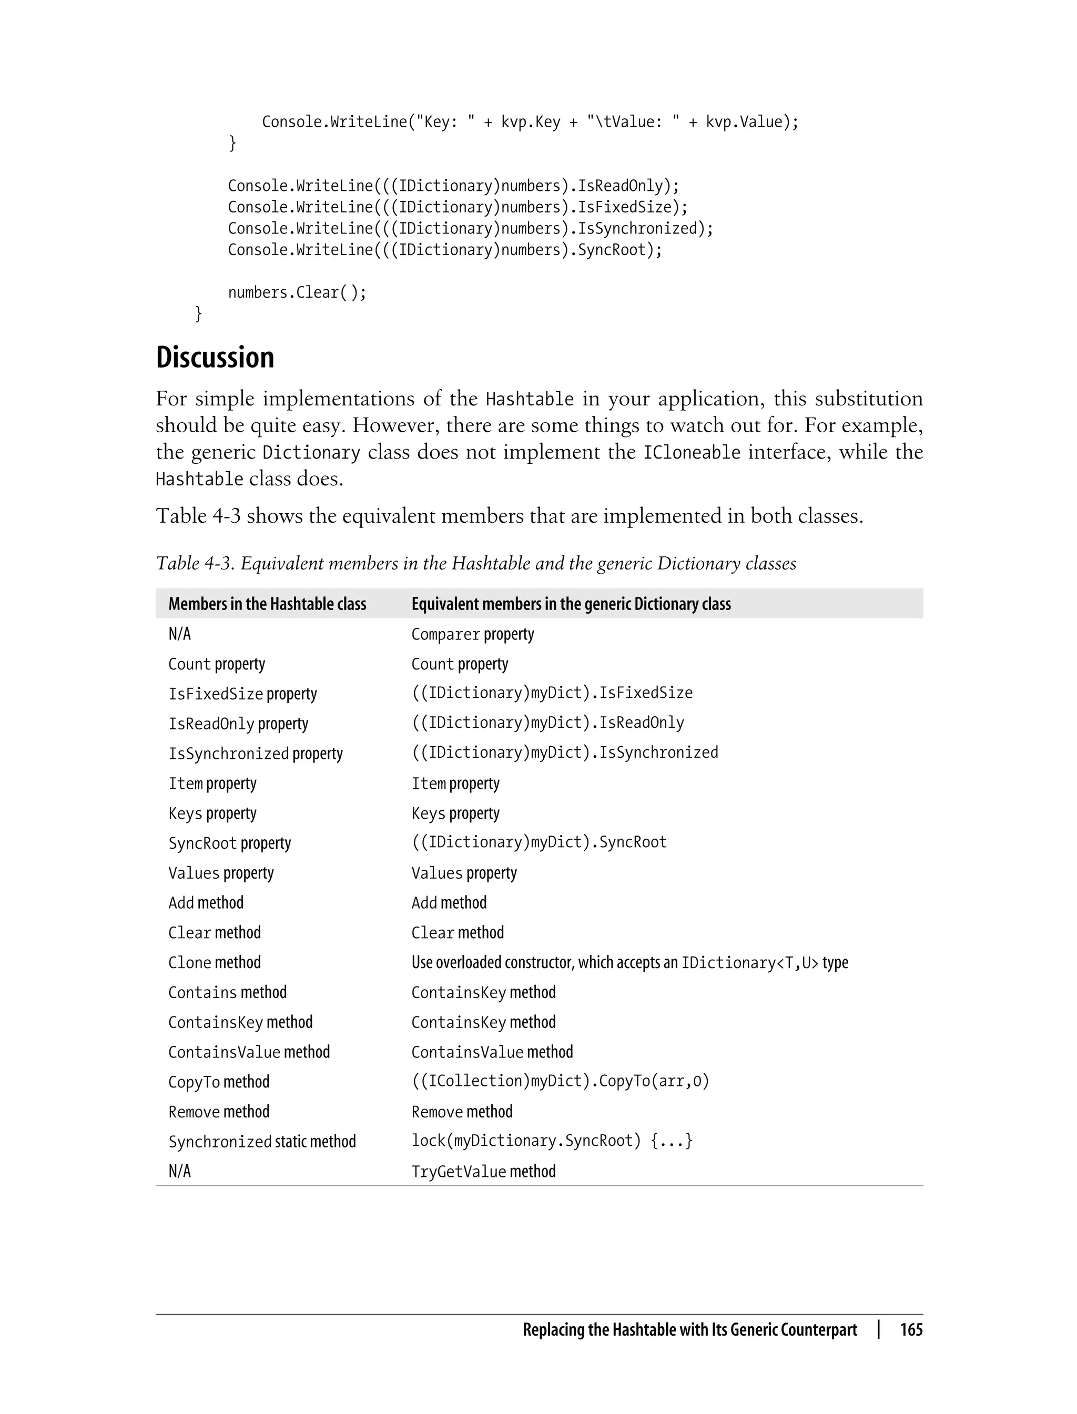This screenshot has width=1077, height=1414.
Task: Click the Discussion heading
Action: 215,358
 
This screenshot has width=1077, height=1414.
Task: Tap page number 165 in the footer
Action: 911,1329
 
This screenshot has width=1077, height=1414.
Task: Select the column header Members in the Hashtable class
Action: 267,604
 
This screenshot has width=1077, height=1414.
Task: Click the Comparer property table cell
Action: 472,634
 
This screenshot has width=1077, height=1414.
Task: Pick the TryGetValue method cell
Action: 483,1171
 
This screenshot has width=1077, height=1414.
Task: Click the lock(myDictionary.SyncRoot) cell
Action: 551,1141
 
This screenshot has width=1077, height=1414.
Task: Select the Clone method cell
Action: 214,962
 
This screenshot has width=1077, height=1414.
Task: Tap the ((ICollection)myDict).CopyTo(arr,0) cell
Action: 560,1081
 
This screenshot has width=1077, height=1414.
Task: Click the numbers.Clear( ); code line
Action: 297,292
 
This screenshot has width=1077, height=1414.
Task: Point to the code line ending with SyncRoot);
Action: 445,249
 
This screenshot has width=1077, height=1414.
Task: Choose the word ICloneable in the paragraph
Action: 692,453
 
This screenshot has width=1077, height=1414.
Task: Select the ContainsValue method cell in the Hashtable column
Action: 249,1052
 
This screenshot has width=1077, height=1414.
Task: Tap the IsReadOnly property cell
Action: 238,724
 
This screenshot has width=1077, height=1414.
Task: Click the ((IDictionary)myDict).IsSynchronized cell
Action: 565,752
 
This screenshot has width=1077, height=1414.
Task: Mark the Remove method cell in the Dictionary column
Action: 462,1112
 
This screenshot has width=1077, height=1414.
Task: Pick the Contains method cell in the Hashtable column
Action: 227,992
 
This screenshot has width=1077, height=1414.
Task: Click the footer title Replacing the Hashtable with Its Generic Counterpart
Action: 690,1329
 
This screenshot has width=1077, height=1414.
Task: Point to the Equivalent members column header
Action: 571,604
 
